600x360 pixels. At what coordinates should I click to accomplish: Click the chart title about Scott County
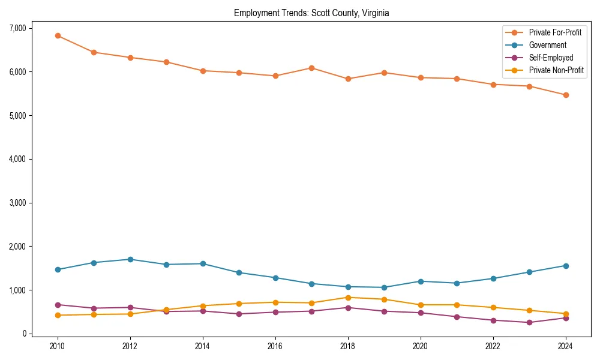tap(311, 13)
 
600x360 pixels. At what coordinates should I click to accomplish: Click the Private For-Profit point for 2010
tap(58, 35)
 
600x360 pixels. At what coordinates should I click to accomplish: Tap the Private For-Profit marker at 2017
tap(311, 68)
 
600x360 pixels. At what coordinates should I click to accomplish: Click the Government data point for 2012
tap(130, 259)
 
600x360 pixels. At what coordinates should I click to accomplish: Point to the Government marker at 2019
tap(384, 287)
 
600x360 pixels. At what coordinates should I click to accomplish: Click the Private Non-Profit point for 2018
tap(348, 298)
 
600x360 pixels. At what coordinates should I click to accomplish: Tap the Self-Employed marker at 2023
tap(529, 322)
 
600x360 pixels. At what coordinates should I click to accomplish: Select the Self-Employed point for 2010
tap(58, 305)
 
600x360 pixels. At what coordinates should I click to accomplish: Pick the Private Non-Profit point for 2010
tap(58, 315)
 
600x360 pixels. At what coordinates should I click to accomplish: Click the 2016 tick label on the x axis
tap(275, 346)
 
